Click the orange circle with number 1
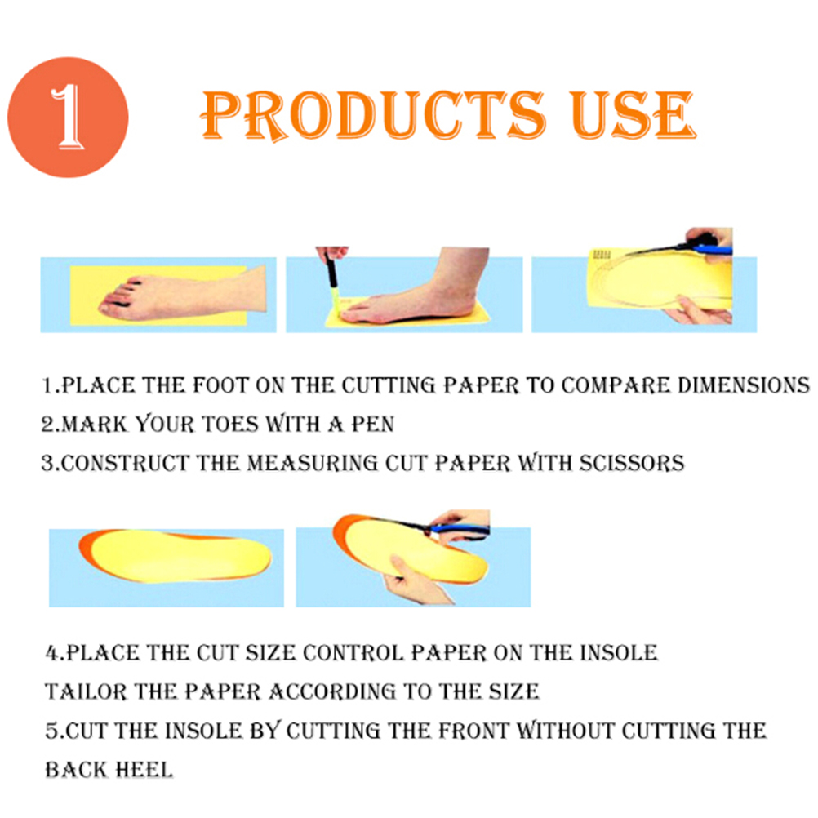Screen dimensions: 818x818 pos(68,117)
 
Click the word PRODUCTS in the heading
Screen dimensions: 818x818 pos(373,115)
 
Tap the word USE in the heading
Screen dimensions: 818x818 pos(632,115)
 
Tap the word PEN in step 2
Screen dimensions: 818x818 pos(372,425)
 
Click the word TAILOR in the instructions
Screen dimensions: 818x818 pos(86,691)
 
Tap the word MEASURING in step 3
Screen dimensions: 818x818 pos(312,463)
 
